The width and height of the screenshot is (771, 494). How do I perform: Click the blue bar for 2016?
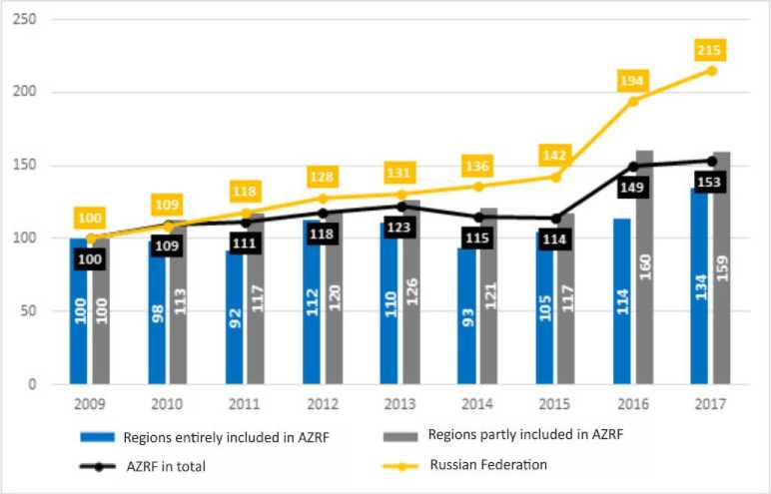[621, 300]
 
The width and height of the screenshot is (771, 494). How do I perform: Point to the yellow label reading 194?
[633, 81]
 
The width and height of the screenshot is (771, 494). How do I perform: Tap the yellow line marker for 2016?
[633, 101]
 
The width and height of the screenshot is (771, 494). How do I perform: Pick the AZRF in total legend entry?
[165, 464]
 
